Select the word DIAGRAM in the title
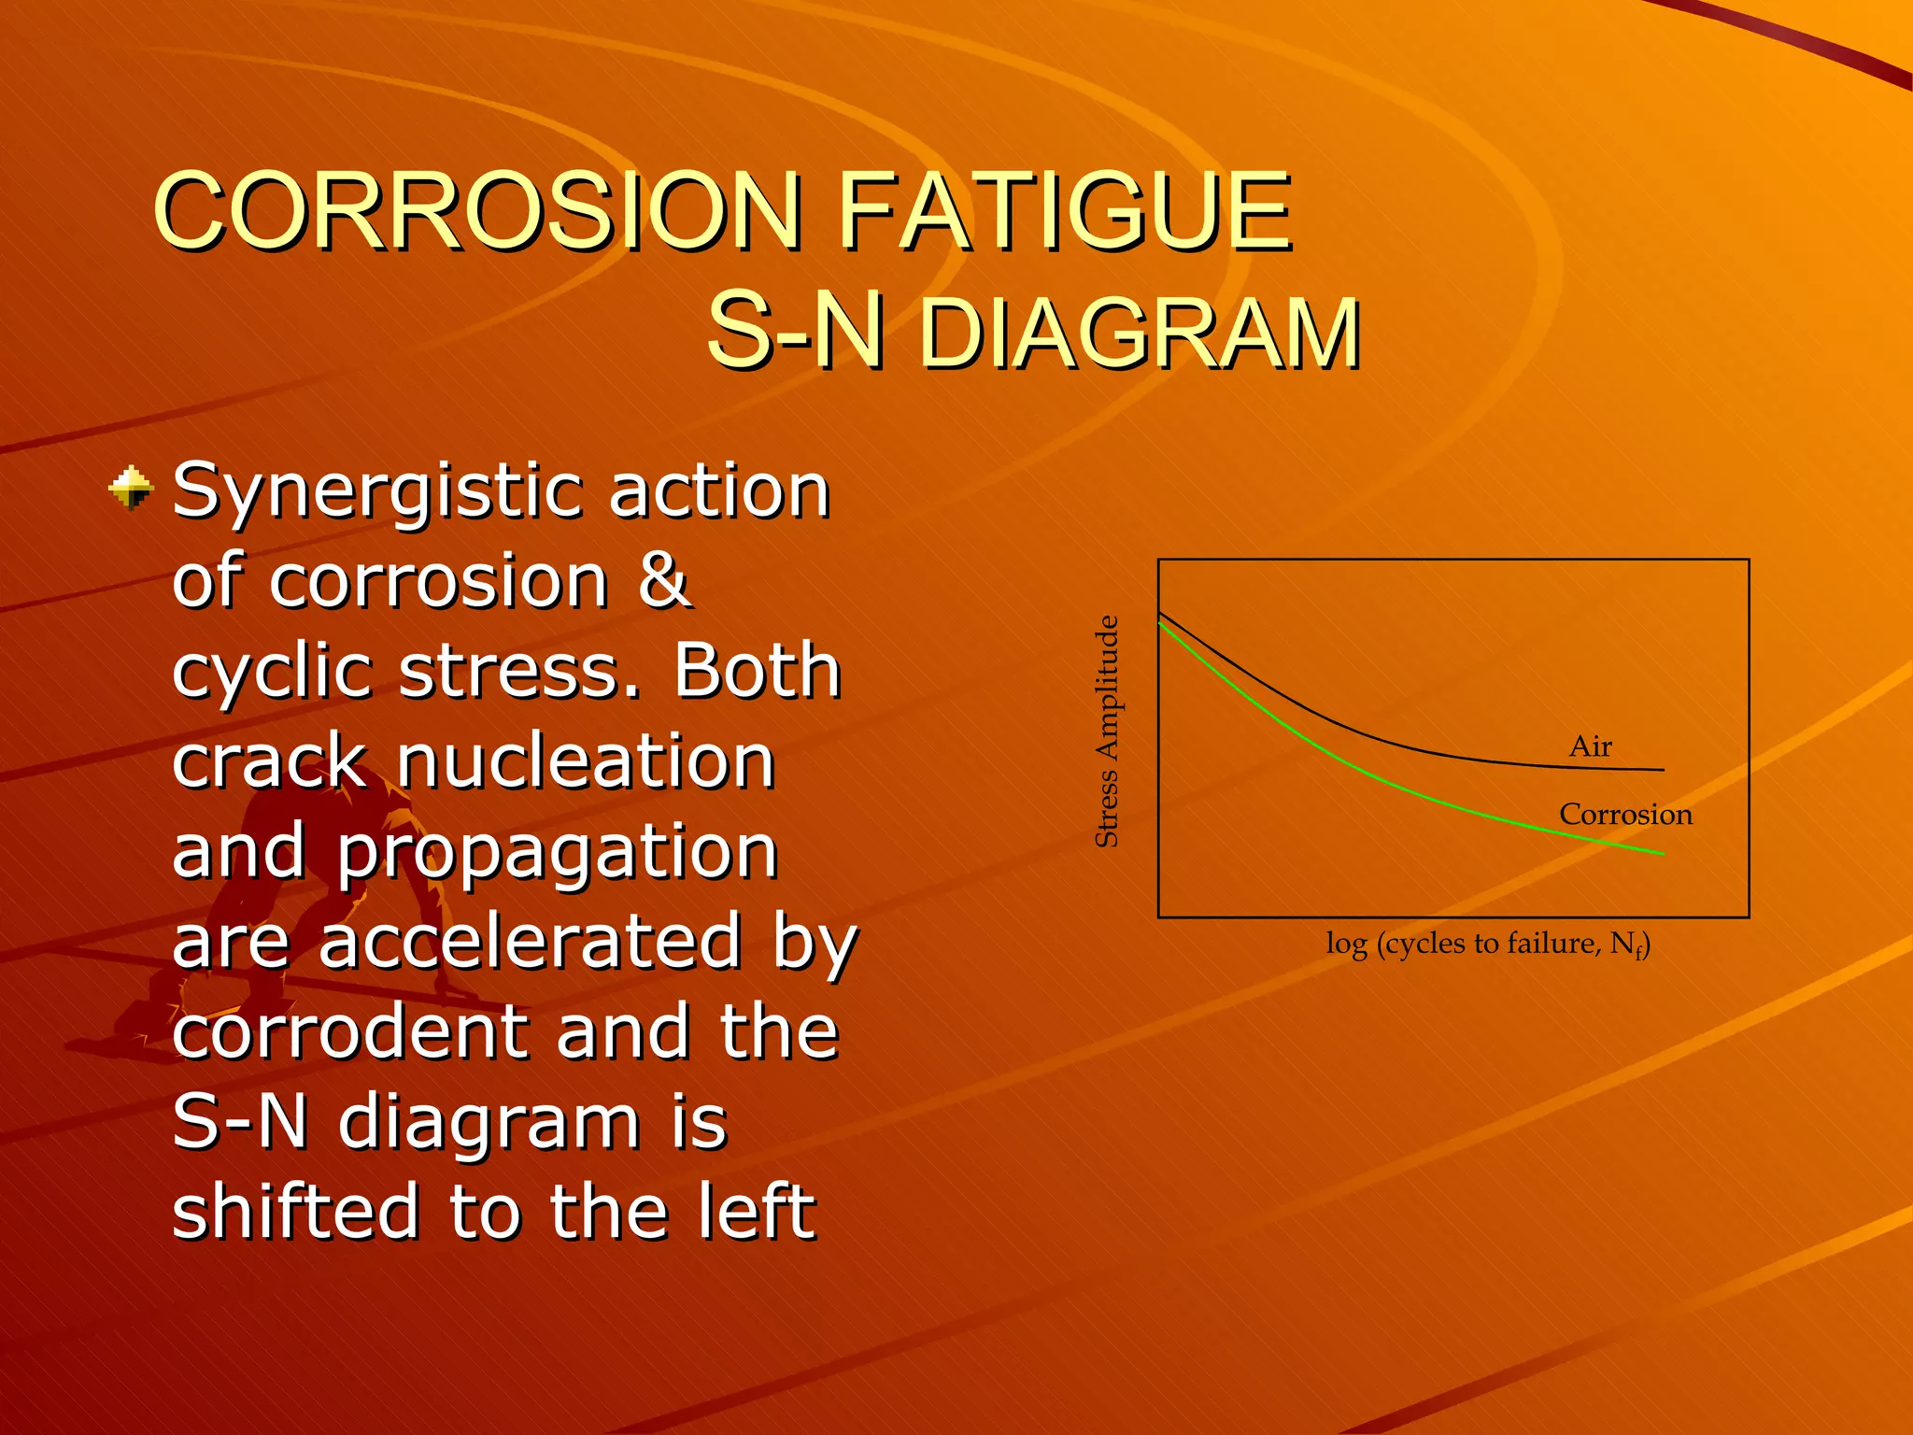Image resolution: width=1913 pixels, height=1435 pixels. pyautogui.click(x=1140, y=334)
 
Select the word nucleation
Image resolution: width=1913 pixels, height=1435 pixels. pyautogui.click(x=586, y=761)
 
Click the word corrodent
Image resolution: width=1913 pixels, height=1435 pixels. pyautogui.click(x=350, y=1031)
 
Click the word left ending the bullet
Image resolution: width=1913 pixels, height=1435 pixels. pyautogui.click(x=758, y=1212)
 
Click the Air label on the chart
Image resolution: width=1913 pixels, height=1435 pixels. pyautogui.click(x=1590, y=746)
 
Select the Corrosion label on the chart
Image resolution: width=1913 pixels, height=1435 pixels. pyautogui.click(x=1625, y=815)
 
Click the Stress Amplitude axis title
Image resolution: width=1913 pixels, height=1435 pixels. pyautogui.click(x=1106, y=732)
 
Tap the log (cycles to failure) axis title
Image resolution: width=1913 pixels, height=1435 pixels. pyautogui.click(x=1487, y=945)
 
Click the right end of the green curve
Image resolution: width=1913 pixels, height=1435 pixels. pyautogui.click(x=1662, y=853)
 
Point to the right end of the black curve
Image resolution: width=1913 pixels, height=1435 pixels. pyautogui.click(x=1662, y=770)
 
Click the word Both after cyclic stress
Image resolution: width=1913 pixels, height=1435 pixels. pyautogui.click(x=758, y=672)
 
